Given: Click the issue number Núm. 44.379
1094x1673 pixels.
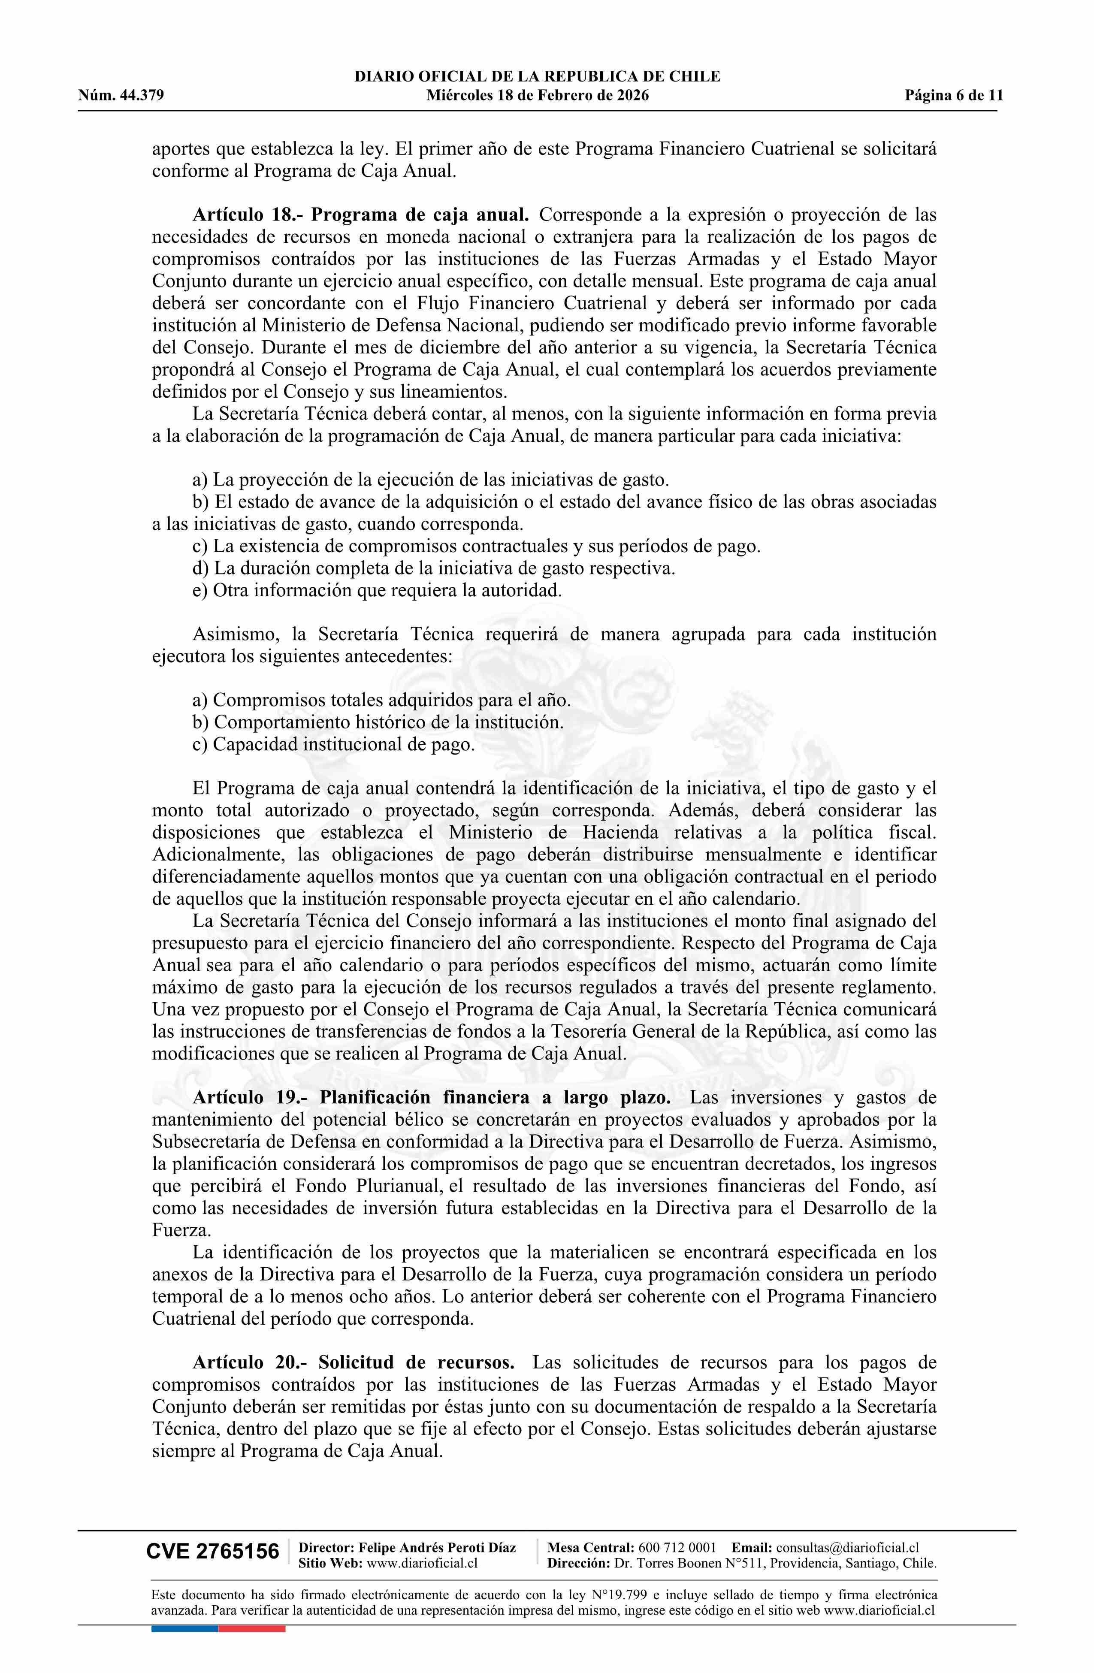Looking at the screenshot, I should [x=121, y=96].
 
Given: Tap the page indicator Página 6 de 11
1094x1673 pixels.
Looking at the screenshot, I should [x=953, y=96].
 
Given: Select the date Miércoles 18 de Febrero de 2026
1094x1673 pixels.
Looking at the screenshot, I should [x=537, y=96].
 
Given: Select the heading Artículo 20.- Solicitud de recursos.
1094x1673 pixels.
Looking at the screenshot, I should [x=354, y=1362].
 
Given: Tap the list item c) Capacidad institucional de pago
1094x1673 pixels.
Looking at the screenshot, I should [x=334, y=744].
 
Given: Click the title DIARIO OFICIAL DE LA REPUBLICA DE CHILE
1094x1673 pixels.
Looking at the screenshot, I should [x=537, y=77].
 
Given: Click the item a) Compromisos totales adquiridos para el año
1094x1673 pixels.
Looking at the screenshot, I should [x=382, y=700].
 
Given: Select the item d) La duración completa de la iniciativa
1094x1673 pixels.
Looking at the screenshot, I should [x=434, y=568].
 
